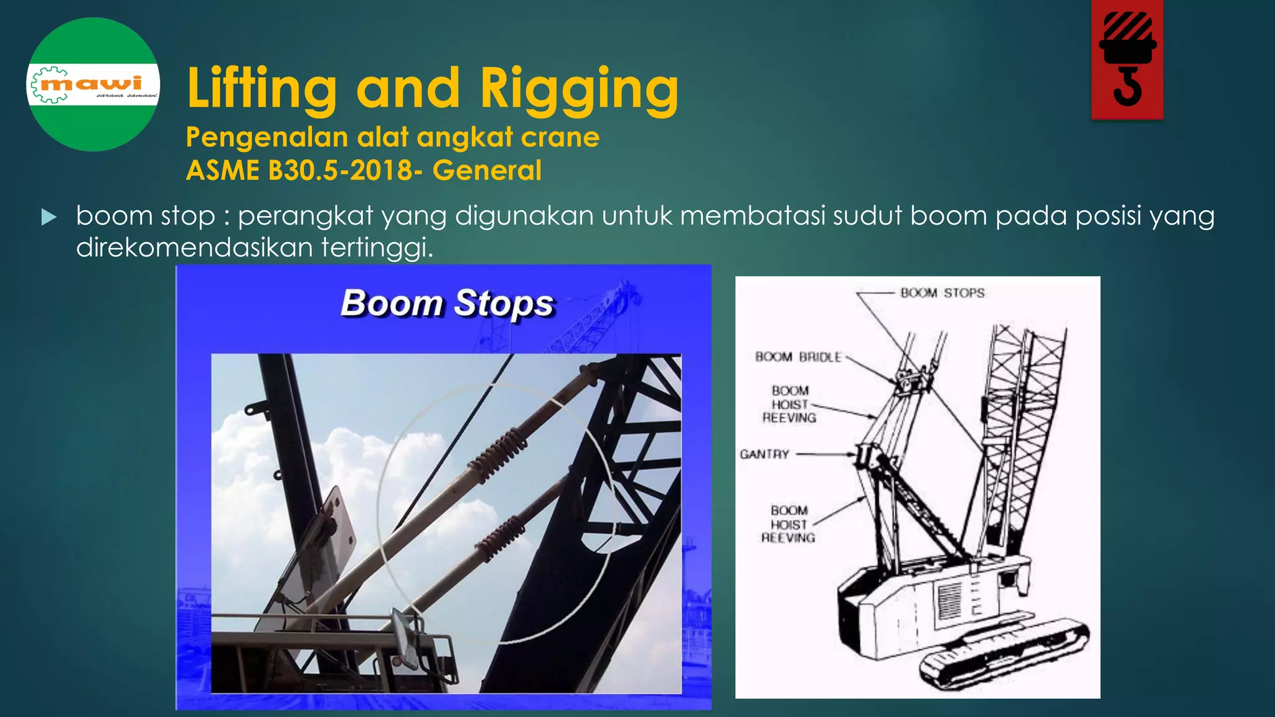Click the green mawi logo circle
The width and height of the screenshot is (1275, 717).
(x=93, y=84)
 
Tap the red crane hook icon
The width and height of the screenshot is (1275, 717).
(x=1127, y=60)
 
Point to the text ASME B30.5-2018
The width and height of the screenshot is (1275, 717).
(x=299, y=171)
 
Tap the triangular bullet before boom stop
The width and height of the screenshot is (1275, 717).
(x=49, y=217)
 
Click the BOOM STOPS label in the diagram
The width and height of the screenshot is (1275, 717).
(x=942, y=293)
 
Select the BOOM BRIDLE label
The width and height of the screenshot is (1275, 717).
(x=797, y=357)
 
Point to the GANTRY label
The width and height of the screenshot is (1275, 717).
(x=764, y=454)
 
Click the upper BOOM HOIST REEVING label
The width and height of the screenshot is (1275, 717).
(x=789, y=405)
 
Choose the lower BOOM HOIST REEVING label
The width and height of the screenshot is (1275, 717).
(x=788, y=524)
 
